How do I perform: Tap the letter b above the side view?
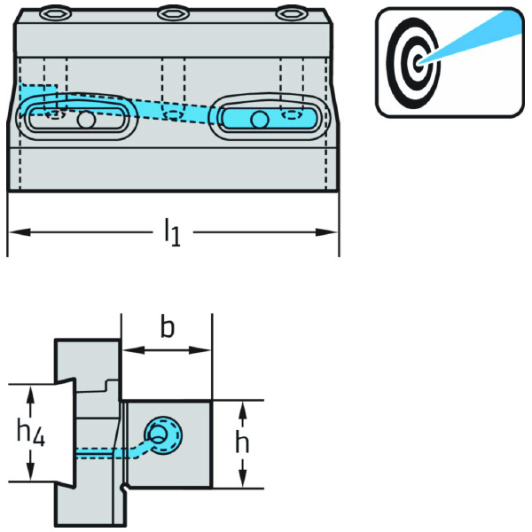[167, 328]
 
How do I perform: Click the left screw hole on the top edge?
[55, 13]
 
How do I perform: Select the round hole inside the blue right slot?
[258, 119]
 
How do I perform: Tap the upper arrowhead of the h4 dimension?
[32, 393]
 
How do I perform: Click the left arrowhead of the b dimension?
[128, 350]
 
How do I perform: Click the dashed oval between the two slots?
[175, 113]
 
